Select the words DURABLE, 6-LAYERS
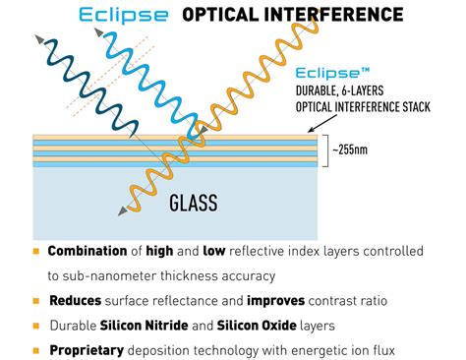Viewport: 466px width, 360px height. point(339,90)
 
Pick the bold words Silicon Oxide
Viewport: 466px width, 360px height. point(257,325)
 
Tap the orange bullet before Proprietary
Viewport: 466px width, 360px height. point(36,350)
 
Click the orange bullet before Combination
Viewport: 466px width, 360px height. point(36,251)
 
